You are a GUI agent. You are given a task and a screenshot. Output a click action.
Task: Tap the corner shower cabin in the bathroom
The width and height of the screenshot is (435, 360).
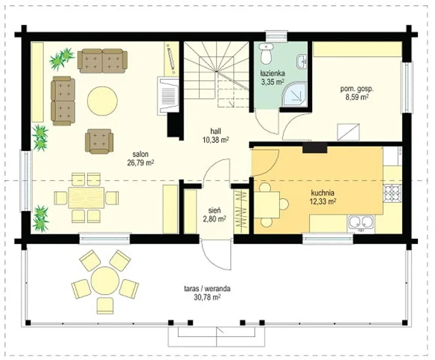coord(295,95)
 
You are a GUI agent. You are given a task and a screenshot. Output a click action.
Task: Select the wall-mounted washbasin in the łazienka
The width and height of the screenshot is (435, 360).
coord(302,62)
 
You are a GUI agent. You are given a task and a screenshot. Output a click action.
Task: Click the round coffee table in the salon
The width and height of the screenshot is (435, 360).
coord(102,101)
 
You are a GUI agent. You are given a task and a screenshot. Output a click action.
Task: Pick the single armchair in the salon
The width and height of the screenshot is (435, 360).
coord(99,141)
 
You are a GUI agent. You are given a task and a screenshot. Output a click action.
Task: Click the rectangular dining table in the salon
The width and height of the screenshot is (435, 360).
coord(86,198)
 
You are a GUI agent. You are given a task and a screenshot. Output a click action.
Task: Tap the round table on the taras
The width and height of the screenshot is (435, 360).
coord(105,280)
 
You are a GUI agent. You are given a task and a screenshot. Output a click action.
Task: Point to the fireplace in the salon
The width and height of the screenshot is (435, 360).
coord(168,96)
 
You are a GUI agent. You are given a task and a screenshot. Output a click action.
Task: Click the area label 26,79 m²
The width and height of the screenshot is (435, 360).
coord(141,163)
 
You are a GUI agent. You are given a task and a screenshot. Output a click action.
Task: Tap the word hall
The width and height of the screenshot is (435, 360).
coord(215,131)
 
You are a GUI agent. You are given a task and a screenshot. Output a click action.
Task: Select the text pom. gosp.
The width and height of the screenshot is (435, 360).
coord(357,89)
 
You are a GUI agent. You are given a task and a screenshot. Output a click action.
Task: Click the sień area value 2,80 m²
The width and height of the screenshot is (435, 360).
coord(214,219)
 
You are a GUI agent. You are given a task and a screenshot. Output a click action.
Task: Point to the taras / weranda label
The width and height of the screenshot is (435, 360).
coord(207,289)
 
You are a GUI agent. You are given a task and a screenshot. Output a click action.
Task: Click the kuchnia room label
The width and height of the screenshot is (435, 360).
coord(323,193)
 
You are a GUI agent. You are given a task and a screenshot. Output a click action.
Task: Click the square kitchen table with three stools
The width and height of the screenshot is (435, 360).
coord(267,205)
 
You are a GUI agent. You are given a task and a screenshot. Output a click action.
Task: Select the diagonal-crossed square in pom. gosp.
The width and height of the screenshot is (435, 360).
coord(348,132)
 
